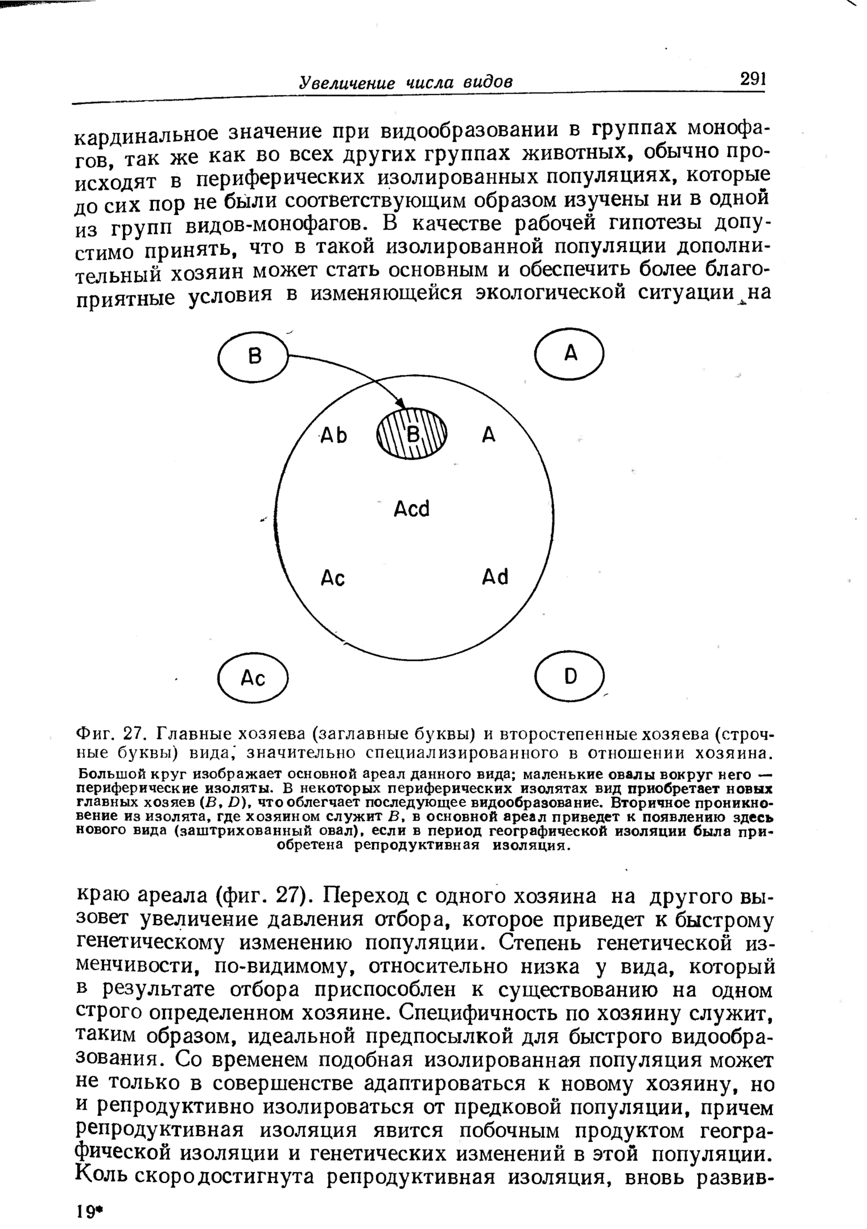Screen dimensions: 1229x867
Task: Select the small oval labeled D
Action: (570, 676)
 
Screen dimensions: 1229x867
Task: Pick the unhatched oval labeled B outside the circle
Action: (253, 357)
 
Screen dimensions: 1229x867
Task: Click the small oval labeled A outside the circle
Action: (569, 354)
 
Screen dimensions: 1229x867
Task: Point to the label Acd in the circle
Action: (412, 508)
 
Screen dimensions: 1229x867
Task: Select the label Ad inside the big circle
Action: (495, 578)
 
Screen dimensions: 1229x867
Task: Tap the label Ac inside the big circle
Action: (333, 578)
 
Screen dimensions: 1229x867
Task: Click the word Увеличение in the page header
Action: (347, 83)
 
